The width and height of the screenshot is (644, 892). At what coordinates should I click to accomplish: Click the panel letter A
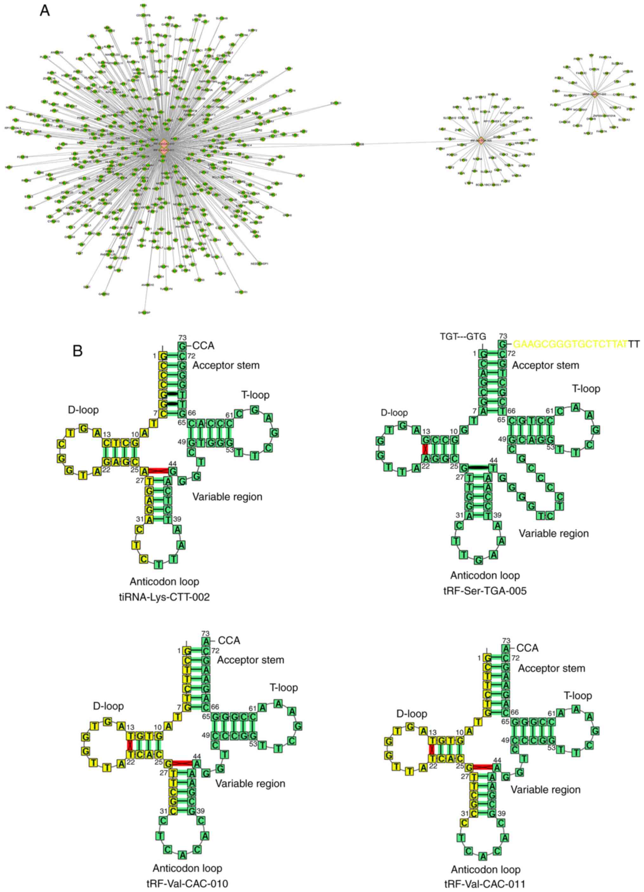pyautogui.click(x=45, y=11)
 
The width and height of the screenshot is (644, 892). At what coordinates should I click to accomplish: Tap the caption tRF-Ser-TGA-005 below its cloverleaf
pyautogui.click(x=485, y=591)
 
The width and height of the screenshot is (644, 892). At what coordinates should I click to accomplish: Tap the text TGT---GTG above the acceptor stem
pyautogui.click(x=463, y=336)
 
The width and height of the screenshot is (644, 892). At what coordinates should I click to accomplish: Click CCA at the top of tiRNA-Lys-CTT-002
pyautogui.click(x=203, y=346)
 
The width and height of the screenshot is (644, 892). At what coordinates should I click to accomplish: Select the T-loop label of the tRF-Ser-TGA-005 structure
pyautogui.click(x=586, y=389)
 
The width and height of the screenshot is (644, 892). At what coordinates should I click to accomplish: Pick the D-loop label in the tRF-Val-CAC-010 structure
pyautogui.click(x=108, y=706)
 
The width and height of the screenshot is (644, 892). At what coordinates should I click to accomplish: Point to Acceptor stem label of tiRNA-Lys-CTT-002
pyautogui.click(x=226, y=365)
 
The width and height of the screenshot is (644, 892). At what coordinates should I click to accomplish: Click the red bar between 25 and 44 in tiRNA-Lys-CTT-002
pyautogui.click(x=158, y=471)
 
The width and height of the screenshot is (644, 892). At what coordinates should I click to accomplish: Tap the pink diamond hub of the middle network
pyautogui.click(x=481, y=140)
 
